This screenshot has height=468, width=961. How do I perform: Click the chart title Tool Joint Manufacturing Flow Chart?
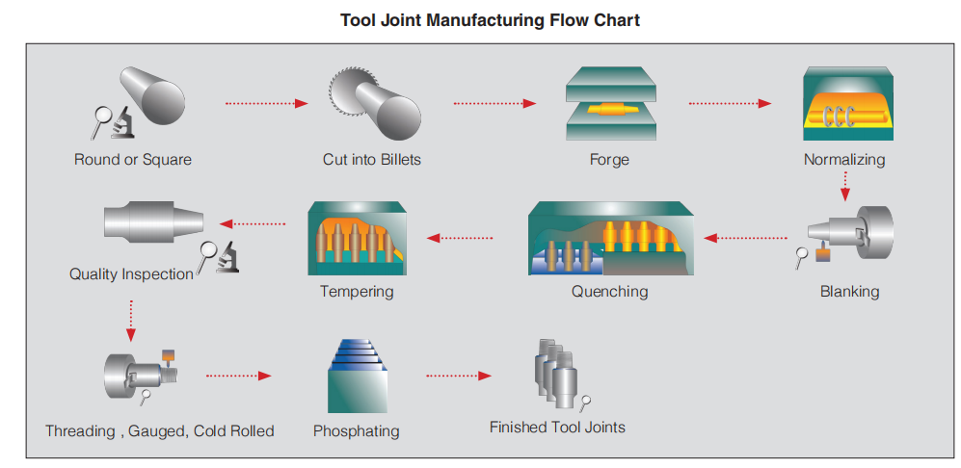coord(490,20)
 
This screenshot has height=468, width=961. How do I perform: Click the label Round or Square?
coord(132,159)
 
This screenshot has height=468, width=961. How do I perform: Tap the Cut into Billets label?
coord(371,159)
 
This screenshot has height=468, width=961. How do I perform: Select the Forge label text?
coord(609,159)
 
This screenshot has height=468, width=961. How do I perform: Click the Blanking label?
coord(849,291)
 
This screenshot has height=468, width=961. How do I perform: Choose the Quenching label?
coord(609,291)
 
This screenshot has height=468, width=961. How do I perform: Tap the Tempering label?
coord(357,291)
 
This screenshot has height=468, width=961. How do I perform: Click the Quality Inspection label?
coord(131,274)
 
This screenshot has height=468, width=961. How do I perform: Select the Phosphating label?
coord(356,431)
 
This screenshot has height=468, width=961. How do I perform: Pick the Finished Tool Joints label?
coord(557,427)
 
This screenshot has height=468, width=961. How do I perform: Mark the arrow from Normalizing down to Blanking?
coord(845,186)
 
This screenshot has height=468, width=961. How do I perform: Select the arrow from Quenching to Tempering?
coord(461,237)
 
